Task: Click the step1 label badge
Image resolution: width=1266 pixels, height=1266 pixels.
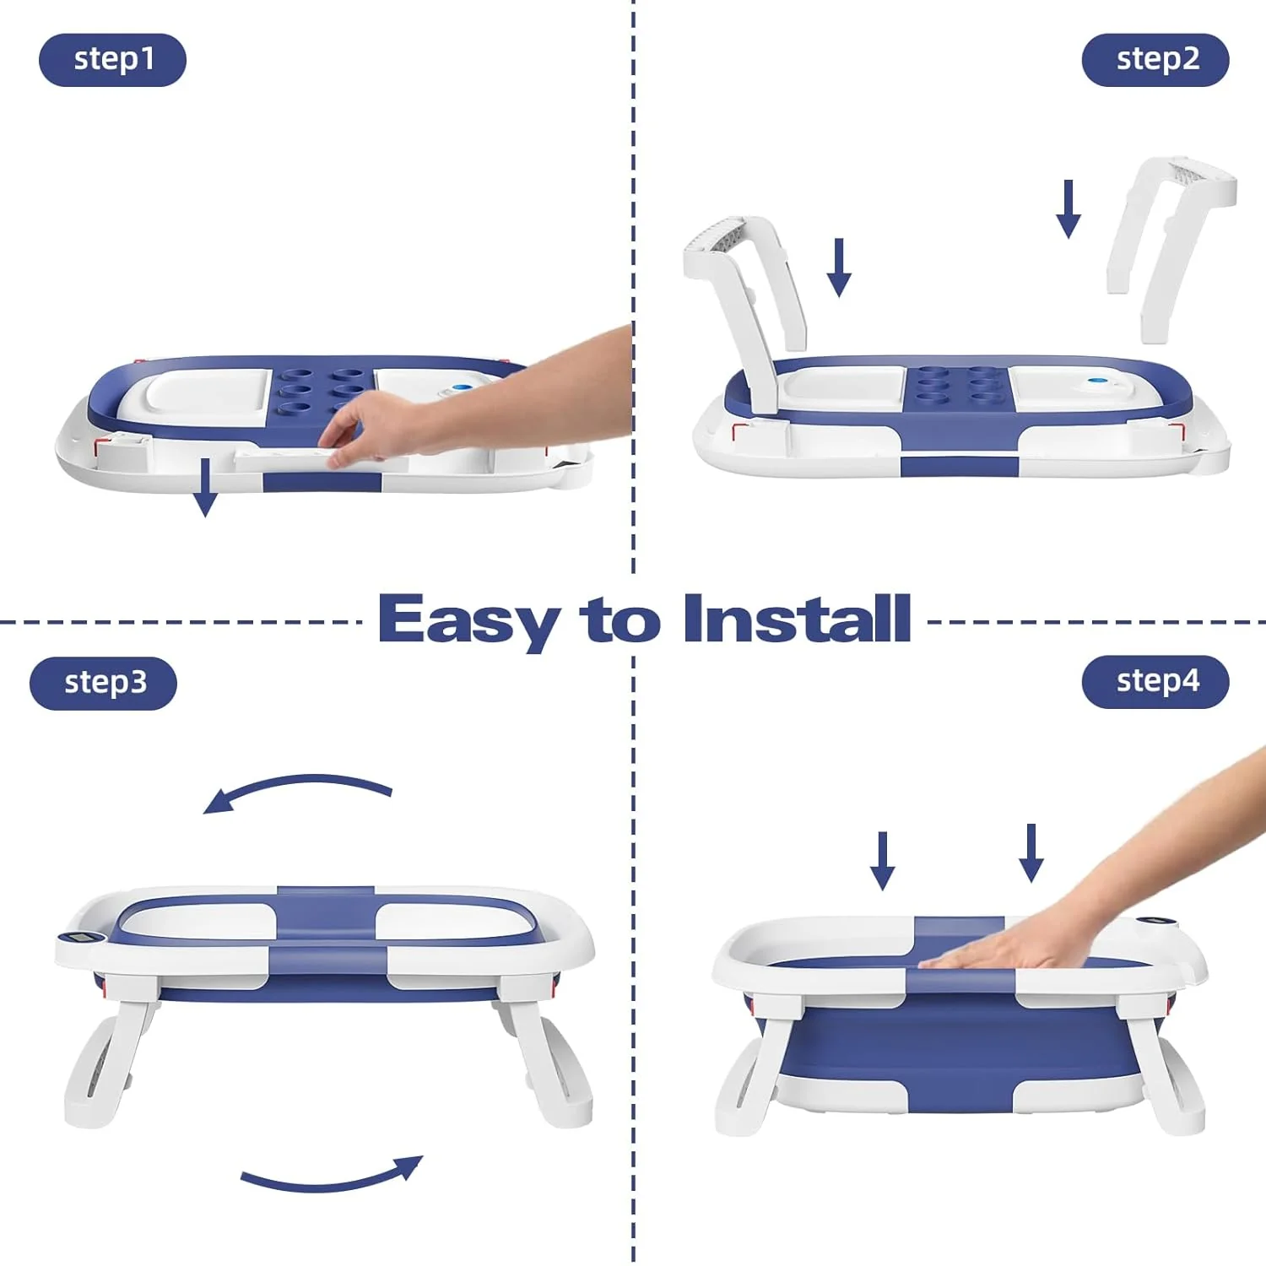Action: point(112,60)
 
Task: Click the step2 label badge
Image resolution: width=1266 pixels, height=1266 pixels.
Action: point(1155,60)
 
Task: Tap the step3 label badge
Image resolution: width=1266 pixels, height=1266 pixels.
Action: point(104,683)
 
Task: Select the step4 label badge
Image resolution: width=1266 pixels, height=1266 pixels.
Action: point(1155,681)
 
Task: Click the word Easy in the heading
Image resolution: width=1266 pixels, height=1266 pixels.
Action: point(468,620)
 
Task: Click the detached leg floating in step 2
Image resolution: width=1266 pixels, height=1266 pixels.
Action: point(1169,245)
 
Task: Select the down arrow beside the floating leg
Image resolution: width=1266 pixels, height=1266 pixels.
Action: point(1069,208)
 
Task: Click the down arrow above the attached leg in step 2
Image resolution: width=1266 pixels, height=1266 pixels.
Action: point(839,268)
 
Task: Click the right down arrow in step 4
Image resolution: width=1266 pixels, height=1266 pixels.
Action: point(1031,853)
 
